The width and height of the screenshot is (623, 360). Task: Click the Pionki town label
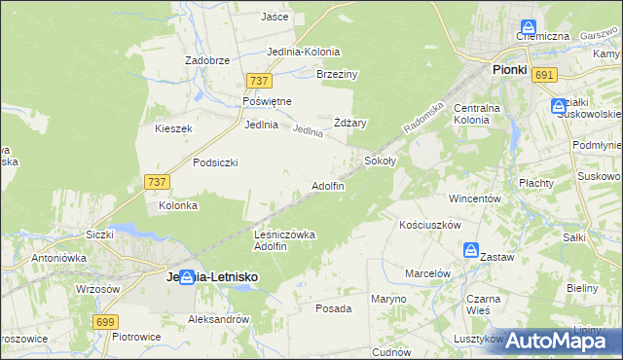(x=509, y=70)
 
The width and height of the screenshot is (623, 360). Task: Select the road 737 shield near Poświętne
(x=258, y=82)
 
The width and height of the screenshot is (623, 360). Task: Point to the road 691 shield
(x=545, y=75)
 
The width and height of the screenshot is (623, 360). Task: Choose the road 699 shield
(x=107, y=322)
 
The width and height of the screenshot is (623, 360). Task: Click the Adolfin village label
(x=327, y=186)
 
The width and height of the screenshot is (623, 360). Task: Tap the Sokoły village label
(x=380, y=161)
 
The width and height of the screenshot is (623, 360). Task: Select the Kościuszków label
(x=429, y=225)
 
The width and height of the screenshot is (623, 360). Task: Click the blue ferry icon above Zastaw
(x=471, y=251)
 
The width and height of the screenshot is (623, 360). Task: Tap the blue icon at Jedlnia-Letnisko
(x=186, y=277)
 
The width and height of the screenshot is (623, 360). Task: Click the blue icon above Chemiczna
(x=529, y=27)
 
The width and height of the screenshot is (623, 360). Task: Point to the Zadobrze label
(x=207, y=59)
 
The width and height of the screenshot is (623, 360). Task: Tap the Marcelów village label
(x=427, y=273)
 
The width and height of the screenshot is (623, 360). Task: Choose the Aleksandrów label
(x=219, y=319)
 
